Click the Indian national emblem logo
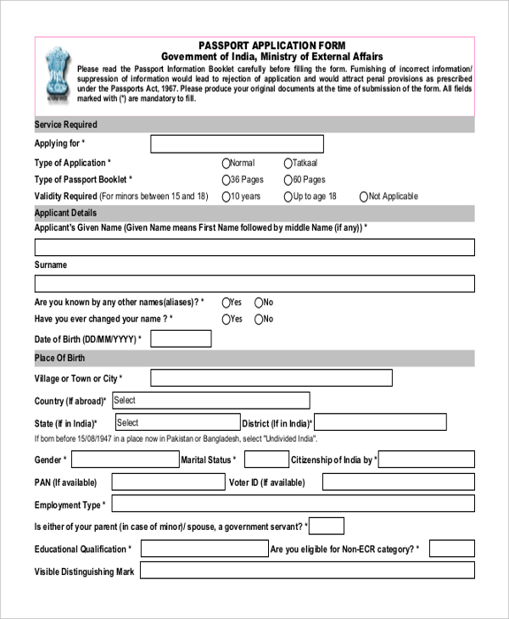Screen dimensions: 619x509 point(55,75)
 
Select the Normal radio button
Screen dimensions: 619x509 point(226,163)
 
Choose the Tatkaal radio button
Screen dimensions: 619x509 point(288,163)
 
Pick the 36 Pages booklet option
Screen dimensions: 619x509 point(226,180)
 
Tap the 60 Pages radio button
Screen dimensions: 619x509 point(288,180)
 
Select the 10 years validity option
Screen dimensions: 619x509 point(226,197)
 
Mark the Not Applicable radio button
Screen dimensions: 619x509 point(364,197)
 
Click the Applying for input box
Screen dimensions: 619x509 point(237,144)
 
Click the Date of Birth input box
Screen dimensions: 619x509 point(180,339)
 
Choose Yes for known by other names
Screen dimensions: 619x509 point(226,303)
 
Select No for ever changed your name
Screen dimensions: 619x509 point(259,320)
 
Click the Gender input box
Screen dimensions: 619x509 point(123,460)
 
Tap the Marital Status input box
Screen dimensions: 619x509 point(266,460)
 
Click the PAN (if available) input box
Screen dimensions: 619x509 point(167,482)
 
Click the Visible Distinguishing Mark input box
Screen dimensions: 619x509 point(307,572)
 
